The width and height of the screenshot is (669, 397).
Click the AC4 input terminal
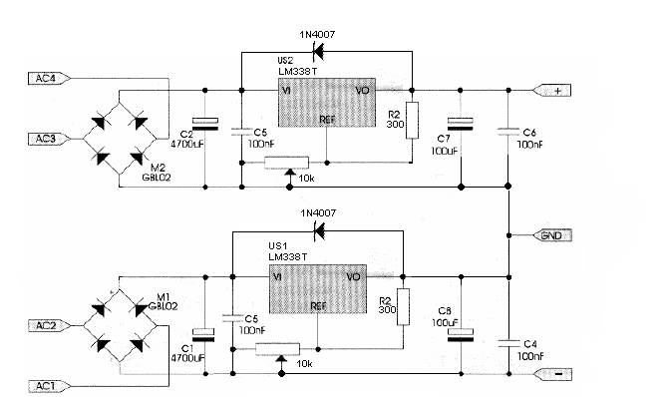(49, 79)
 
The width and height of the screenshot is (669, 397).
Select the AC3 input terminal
(49, 140)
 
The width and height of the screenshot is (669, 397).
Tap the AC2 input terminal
(49, 326)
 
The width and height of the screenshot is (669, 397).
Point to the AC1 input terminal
(49, 386)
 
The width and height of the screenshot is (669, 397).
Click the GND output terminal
(552, 235)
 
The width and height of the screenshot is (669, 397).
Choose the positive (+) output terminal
(551, 91)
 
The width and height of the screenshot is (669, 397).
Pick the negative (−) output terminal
(552, 374)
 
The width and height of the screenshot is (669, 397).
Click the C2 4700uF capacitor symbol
(205, 125)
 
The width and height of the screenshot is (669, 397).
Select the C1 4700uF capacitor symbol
(204, 335)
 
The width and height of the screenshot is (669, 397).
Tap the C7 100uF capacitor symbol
(461, 124)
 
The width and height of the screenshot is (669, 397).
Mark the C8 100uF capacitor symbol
(461, 335)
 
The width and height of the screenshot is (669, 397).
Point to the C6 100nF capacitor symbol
(508, 132)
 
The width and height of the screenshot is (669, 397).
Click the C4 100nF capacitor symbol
(509, 343)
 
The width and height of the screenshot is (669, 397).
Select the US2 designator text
(285, 61)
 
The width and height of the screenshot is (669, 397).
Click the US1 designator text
(278, 246)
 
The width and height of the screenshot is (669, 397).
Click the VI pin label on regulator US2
(286, 91)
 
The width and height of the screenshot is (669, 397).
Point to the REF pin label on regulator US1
(319, 306)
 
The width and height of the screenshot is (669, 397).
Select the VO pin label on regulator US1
(353, 277)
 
